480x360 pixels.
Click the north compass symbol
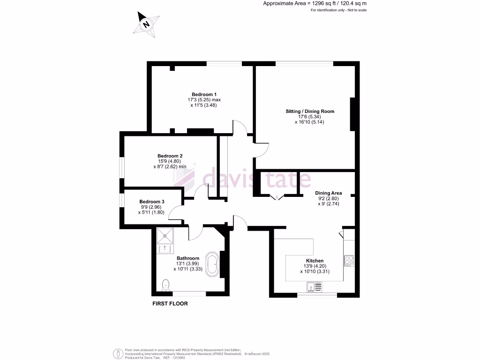[146, 24]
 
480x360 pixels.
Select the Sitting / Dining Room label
[310, 112]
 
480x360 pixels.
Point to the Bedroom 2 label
[170, 156]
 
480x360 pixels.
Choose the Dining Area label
[328, 193]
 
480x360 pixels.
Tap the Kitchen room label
[315, 261]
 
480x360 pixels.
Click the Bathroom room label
[187, 258]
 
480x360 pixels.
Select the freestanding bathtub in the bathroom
[212, 264]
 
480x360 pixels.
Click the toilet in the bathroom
[165, 284]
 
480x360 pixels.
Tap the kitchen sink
[314, 286]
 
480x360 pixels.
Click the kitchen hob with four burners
[349, 260]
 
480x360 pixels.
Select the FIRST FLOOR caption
[170, 304]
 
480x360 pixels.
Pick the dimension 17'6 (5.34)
[309, 117]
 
